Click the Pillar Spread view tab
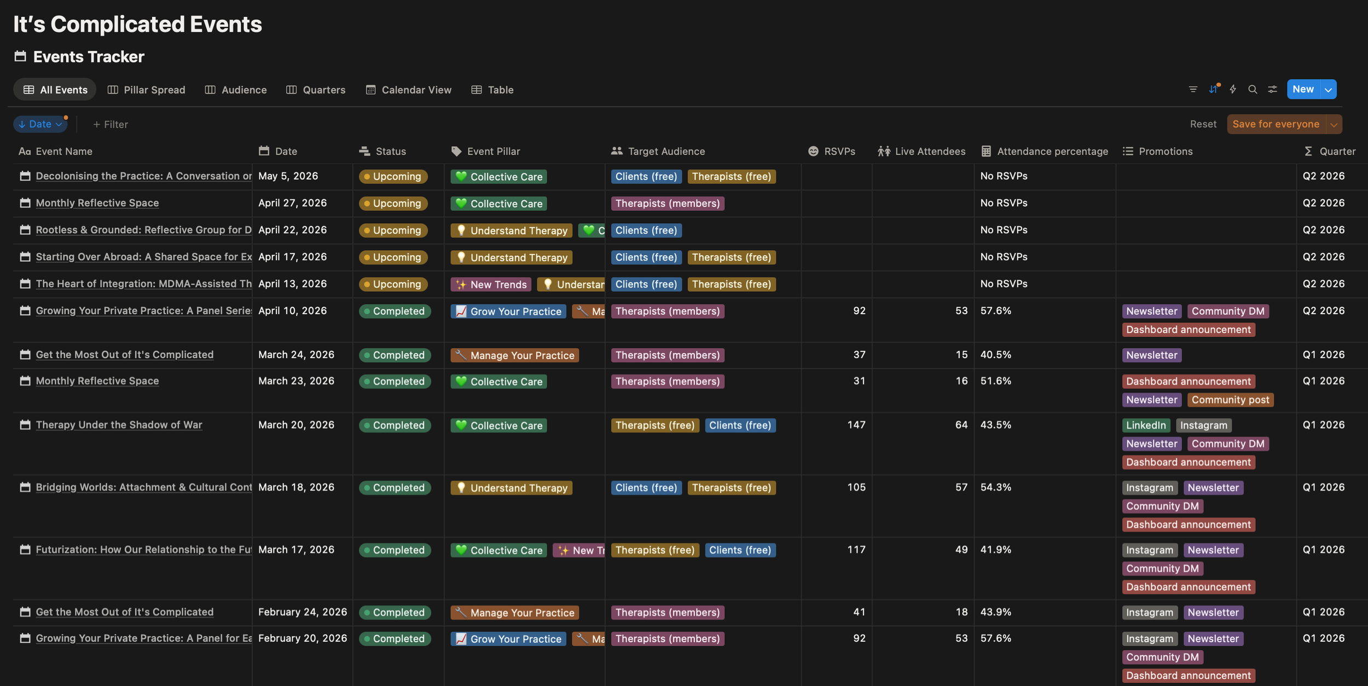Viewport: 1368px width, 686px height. [147, 90]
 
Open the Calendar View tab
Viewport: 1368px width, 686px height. [409, 90]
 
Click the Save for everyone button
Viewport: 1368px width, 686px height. [1276, 124]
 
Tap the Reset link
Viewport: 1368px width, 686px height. [1203, 124]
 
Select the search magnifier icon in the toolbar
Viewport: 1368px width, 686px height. [1253, 89]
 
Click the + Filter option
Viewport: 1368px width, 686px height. [111, 125]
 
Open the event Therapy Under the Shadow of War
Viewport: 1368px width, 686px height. [119, 425]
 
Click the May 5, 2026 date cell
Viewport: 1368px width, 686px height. [288, 176]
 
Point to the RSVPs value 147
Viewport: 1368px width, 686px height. [856, 425]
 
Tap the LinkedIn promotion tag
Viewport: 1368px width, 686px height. [1146, 425]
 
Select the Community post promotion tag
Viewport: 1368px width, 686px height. [1230, 400]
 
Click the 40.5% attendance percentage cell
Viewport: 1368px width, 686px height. [996, 355]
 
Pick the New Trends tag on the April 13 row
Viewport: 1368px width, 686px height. [491, 285]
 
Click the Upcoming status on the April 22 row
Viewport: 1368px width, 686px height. [393, 230]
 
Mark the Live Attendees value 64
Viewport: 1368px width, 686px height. [961, 425]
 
